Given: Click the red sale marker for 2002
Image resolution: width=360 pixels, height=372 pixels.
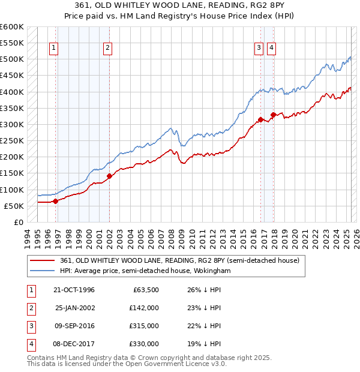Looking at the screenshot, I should click(110, 176).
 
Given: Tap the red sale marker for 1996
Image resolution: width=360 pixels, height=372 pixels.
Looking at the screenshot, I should click(55, 202).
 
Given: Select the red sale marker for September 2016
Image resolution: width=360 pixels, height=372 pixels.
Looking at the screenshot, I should click(260, 119).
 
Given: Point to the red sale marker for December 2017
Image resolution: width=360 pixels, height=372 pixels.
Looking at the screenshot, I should click(273, 115).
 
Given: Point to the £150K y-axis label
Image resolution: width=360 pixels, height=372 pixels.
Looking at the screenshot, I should click(12, 173).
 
